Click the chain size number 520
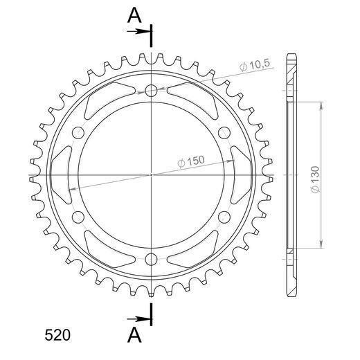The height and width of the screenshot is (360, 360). [57, 335]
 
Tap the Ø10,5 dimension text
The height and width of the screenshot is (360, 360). [255, 65]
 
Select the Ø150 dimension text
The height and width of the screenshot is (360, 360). [191, 161]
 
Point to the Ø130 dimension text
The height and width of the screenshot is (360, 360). [315, 179]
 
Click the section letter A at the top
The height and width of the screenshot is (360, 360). [134, 15]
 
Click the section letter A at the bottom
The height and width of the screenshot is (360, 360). [134, 335]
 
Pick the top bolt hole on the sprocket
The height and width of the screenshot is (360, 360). [151, 91]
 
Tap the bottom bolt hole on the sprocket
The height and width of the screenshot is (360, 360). [151, 259]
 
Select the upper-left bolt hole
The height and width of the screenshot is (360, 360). [78, 133]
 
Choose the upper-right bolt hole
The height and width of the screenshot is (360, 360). [224, 133]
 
